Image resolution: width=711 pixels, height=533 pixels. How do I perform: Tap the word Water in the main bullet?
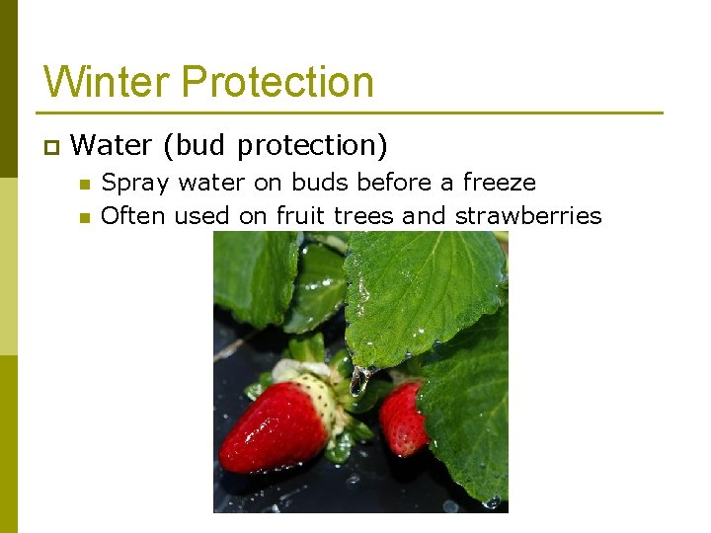pyautogui.click(x=112, y=146)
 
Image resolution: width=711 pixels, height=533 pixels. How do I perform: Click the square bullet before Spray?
pyautogui.click(x=84, y=185)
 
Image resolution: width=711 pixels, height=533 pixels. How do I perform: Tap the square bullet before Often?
pyautogui.click(x=84, y=217)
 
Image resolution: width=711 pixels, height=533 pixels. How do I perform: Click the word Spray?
pyautogui.click(x=134, y=184)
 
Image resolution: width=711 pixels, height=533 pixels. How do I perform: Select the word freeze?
pyautogui.click(x=499, y=183)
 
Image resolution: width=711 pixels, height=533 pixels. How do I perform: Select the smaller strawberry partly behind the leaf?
pyautogui.click(x=403, y=419)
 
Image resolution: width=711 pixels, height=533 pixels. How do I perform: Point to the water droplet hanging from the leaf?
pyautogui.click(x=359, y=380)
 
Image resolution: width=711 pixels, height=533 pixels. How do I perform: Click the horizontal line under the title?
pyautogui.click(x=351, y=113)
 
